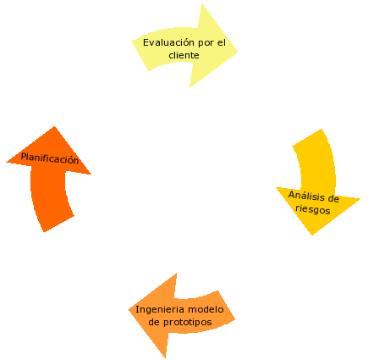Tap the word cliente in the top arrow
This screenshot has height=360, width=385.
click(x=184, y=55)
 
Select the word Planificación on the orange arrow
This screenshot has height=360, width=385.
click(x=50, y=158)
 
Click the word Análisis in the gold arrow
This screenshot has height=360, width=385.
click(x=306, y=196)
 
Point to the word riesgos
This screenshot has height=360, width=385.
click(x=312, y=210)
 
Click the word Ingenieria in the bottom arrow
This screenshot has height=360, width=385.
click(x=161, y=310)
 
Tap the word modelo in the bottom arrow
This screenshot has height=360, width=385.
click(x=206, y=310)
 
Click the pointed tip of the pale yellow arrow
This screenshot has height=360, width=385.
click(x=238, y=50)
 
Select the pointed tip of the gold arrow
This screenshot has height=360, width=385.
click(x=312, y=235)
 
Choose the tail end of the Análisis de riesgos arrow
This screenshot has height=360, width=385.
click(x=310, y=140)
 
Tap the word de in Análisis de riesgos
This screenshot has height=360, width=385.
click(x=333, y=199)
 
